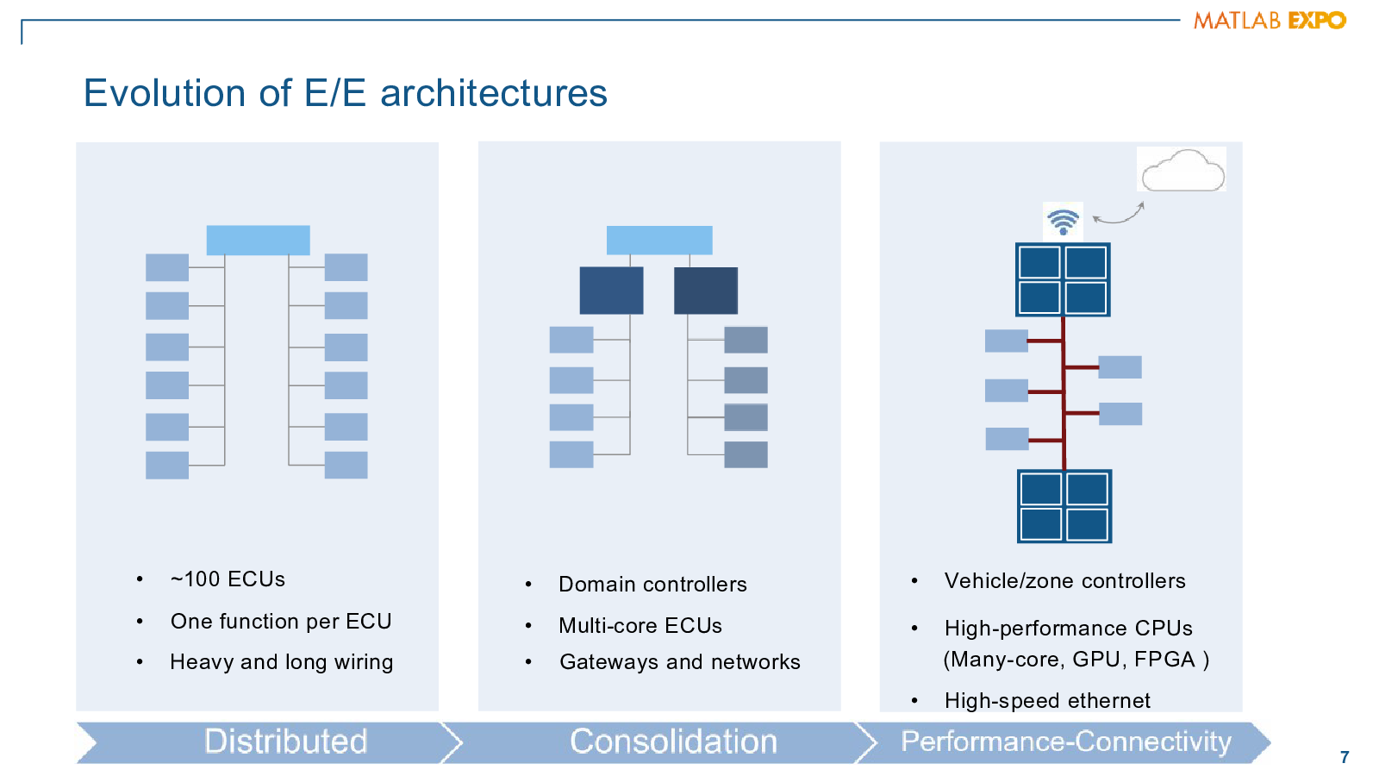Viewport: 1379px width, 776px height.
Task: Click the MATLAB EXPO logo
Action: pyautogui.click(x=1270, y=21)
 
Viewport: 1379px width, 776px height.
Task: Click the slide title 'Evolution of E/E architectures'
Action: pyautogui.click(x=346, y=93)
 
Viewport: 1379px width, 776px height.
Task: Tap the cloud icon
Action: pyautogui.click(x=1182, y=170)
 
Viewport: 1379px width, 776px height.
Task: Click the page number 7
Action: pyautogui.click(x=1345, y=756)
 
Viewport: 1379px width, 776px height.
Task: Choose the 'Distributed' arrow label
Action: pyautogui.click(x=285, y=741)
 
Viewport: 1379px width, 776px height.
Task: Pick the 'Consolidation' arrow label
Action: pyautogui.click(x=673, y=741)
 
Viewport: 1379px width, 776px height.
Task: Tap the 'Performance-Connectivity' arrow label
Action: pyautogui.click(x=1066, y=741)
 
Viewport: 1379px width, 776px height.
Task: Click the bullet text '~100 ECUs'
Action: pyautogui.click(x=228, y=579)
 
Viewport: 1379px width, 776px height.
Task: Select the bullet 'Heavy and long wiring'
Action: pyautogui.click(x=281, y=662)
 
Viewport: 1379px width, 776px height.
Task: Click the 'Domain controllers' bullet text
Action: pyautogui.click(x=652, y=584)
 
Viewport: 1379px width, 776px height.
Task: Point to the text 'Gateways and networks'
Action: pyautogui.click(x=680, y=661)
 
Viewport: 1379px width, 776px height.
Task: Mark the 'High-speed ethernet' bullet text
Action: pyautogui.click(x=1047, y=701)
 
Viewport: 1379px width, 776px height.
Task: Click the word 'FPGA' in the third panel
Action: pyautogui.click(x=1164, y=659)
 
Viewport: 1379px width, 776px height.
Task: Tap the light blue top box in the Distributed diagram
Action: pyautogui.click(x=258, y=241)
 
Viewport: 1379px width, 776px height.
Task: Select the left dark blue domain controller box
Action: pyautogui.click(x=611, y=291)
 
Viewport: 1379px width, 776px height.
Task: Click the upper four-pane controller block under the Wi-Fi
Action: pyautogui.click(x=1063, y=279)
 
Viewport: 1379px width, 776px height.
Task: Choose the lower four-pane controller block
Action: pyautogui.click(x=1064, y=506)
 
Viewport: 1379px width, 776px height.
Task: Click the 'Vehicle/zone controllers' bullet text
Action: pyautogui.click(x=1065, y=581)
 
